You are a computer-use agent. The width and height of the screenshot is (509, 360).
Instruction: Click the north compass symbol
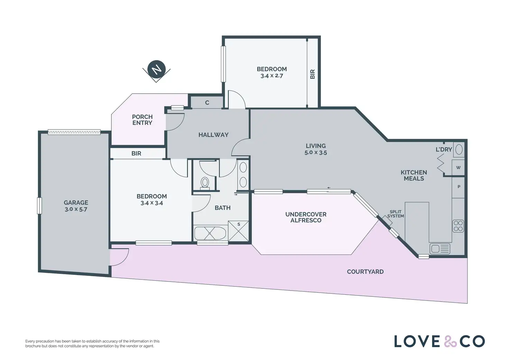click(x=156, y=70)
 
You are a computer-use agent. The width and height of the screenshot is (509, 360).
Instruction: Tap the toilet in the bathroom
click(x=205, y=183)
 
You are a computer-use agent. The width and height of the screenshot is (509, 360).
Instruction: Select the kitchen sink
click(x=440, y=249)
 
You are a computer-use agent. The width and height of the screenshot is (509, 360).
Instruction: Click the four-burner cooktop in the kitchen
click(x=458, y=226)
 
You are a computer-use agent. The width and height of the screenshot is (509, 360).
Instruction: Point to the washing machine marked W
click(x=458, y=168)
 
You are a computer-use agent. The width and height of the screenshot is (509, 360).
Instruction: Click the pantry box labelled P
click(x=458, y=187)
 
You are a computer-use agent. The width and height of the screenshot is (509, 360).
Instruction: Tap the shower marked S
click(x=238, y=231)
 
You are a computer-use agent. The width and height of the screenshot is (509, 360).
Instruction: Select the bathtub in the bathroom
click(x=210, y=233)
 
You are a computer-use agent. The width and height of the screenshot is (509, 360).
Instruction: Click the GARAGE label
click(x=76, y=203)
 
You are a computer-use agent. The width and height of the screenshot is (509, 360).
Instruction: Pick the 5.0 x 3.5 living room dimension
click(x=316, y=153)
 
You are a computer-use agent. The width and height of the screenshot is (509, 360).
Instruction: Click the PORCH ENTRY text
click(x=142, y=120)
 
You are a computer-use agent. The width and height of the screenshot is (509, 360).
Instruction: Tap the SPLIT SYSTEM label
click(x=396, y=214)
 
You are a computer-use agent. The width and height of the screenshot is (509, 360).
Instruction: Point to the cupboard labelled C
click(x=207, y=102)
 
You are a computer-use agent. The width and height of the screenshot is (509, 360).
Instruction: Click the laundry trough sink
click(x=459, y=149)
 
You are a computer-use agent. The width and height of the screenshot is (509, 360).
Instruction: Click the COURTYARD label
click(x=365, y=271)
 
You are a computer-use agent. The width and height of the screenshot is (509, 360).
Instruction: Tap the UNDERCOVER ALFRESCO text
click(x=306, y=217)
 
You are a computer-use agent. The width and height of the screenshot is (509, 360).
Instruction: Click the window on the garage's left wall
click(x=39, y=206)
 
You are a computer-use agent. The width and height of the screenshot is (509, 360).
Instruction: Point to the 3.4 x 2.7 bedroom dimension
click(x=272, y=76)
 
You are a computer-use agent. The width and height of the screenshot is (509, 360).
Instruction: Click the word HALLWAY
click(x=213, y=135)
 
